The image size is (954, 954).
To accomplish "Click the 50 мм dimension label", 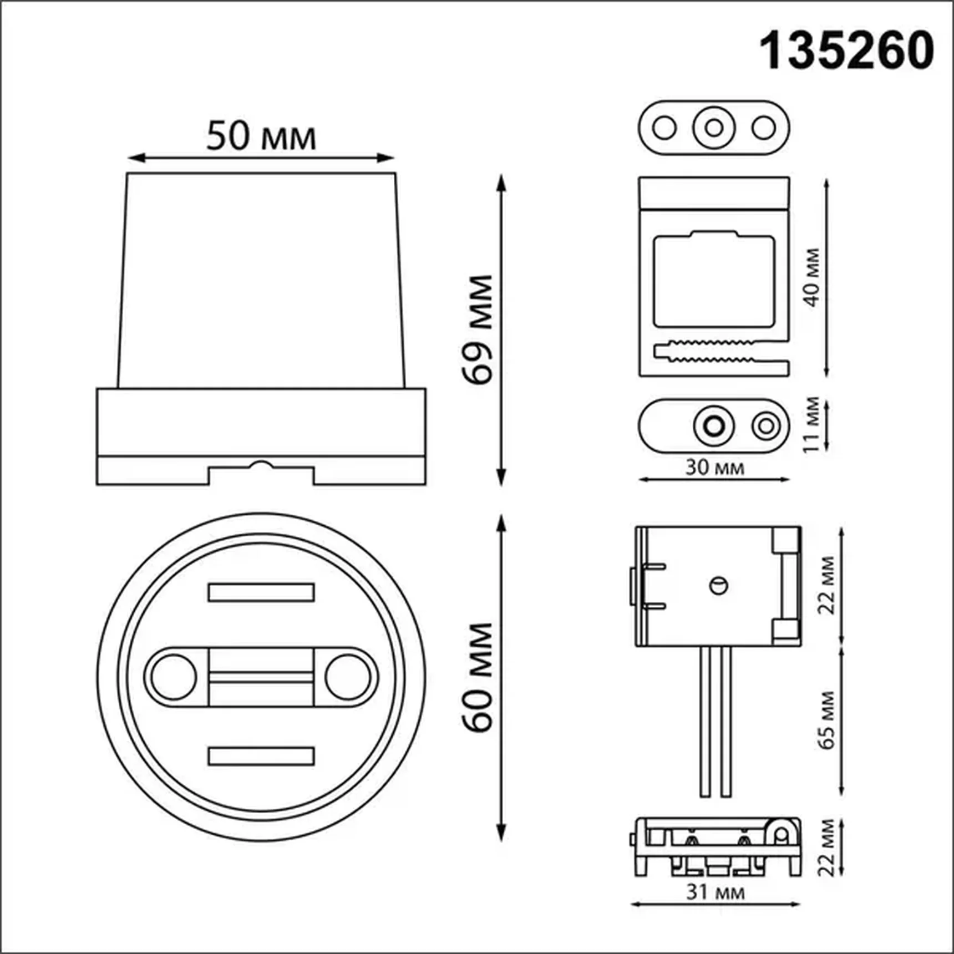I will (x=261, y=136).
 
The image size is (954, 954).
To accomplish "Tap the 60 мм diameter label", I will (x=478, y=677).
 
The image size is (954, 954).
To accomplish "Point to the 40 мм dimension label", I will (x=811, y=277).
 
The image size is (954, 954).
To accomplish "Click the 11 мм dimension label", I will (x=811, y=424).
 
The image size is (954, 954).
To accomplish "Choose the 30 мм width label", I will (x=714, y=468).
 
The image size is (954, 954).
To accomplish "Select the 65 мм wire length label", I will (x=826, y=720).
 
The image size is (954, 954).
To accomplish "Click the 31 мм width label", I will (x=715, y=892).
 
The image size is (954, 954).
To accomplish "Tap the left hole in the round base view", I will (x=173, y=677).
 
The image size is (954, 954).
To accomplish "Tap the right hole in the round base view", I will (x=348, y=677).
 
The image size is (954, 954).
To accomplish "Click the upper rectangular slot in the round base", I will (x=261, y=592).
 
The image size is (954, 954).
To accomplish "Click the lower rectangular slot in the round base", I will (x=261, y=757).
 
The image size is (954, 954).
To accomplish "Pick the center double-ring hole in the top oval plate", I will (x=714, y=128).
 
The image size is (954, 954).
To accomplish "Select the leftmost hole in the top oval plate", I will (x=664, y=128).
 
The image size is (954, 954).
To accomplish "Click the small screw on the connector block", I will (x=719, y=586).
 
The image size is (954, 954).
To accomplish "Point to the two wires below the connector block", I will (x=715, y=721).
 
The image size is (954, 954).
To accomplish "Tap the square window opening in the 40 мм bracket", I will (x=714, y=281).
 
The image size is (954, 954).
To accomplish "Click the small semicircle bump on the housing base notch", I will (x=261, y=465).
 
